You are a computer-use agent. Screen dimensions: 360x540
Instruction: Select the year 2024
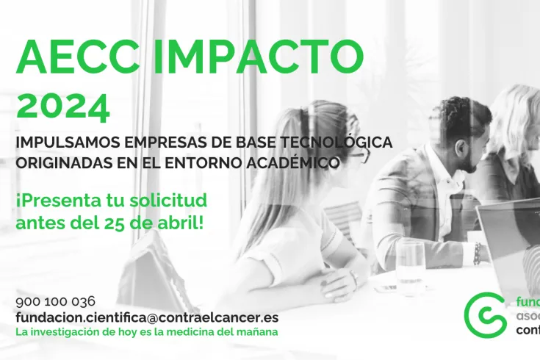63,106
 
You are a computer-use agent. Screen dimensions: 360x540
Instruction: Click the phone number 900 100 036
55,301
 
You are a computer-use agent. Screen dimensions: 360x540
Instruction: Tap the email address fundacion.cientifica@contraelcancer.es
147,317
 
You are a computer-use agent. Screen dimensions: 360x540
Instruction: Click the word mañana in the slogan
256,332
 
